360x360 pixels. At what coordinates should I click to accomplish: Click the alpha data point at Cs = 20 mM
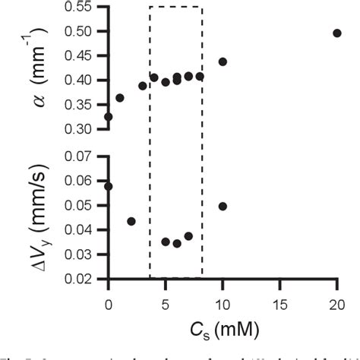point(337,33)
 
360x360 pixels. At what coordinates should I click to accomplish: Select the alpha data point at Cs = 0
point(109,117)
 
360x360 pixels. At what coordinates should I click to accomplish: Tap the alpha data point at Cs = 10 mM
point(223,62)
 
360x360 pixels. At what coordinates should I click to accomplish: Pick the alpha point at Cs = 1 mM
point(120,98)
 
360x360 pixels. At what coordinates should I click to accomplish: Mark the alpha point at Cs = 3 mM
point(143,86)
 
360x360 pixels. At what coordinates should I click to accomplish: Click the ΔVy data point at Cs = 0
point(109,186)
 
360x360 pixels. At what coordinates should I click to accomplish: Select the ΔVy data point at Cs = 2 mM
point(131,221)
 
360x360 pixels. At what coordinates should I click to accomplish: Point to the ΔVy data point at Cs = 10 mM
point(223,206)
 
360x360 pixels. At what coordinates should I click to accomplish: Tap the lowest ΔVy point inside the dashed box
point(177,244)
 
